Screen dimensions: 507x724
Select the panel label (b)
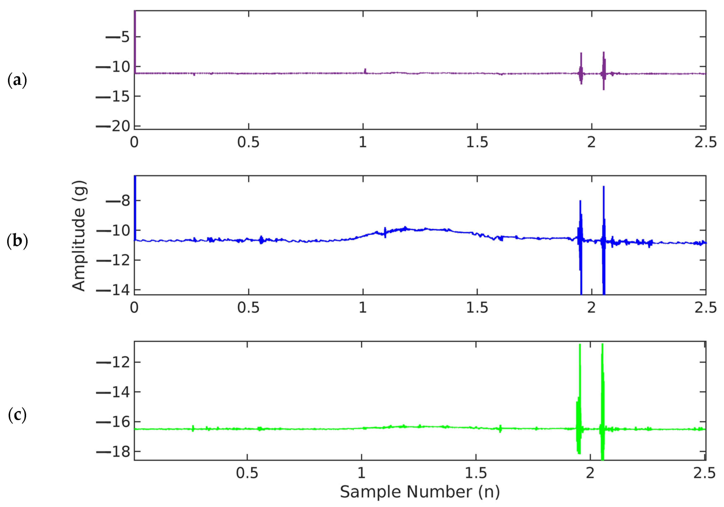pyautogui.click(x=17, y=241)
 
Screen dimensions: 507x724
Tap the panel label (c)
pyautogui.click(x=17, y=415)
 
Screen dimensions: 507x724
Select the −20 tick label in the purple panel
pyautogui.click(x=113, y=126)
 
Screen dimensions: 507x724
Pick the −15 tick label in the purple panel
pyautogui.click(x=113, y=96)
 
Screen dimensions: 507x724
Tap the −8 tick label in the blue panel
pyautogui.click(x=118, y=201)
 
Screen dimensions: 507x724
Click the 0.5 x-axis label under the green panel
pyautogui.click(x=247, y=473)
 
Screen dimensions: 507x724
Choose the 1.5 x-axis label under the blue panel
pyautogui.click(x=477, y=307)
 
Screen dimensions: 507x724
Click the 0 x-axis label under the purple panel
pyautogui.click(x=134, y=142)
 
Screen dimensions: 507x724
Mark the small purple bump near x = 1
pyautogui.click(x=365, y=71)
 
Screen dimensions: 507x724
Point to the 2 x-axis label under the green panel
pyautogui.click(x=590, y=473)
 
